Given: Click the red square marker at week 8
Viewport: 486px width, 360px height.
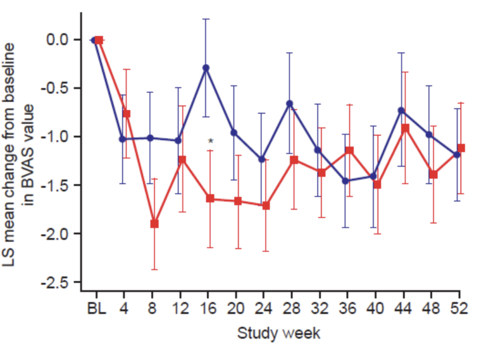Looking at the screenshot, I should point(154,223).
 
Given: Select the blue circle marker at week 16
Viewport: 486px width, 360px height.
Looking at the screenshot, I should point(206,68).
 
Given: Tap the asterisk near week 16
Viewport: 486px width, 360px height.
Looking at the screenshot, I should point(211,141).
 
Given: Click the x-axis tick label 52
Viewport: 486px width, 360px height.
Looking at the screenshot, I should point(458,309).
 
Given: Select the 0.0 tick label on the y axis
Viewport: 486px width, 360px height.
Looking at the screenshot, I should point(58,39).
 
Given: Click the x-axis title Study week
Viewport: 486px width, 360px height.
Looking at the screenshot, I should point(279,333).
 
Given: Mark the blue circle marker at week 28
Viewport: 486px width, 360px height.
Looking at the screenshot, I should point(290,103).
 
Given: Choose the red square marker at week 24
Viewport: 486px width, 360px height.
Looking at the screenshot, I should point(266,205).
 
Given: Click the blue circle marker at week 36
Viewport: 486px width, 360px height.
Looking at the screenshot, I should point(346,181).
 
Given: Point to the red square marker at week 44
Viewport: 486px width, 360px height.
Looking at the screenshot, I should point(405,128).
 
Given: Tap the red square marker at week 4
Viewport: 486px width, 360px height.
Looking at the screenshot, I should point(127,114).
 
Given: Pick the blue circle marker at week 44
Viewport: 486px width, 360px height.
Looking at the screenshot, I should point(401,110).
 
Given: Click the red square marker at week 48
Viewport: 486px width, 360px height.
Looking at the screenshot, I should point(433,175).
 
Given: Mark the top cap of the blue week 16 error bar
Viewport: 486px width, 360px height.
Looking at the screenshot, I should point(206,19).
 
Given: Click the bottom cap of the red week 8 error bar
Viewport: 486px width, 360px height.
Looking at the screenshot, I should point(154,269).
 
